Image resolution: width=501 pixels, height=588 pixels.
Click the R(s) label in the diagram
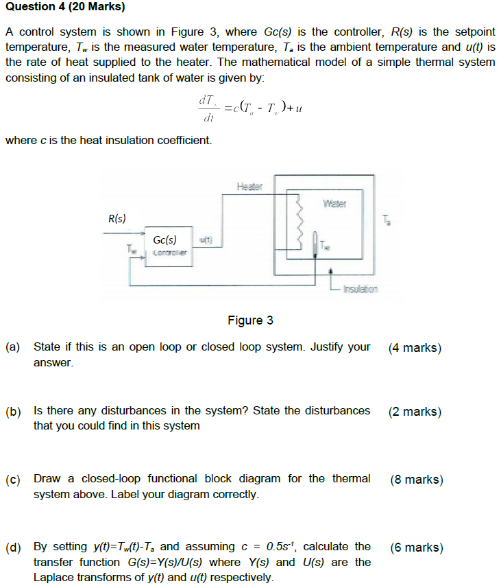117,219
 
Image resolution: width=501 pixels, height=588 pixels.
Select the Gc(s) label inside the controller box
164,240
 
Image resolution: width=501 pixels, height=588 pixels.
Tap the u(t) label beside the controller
206,239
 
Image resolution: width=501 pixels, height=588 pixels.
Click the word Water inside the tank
334,204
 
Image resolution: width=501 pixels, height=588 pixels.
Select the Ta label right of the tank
388,220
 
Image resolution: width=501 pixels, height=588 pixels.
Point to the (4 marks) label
415,348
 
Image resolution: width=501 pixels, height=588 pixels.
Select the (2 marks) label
415,412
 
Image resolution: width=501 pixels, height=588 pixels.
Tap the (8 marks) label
416,480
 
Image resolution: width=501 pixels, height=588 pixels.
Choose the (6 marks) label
416,548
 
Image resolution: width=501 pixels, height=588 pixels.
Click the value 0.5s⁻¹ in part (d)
282,546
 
